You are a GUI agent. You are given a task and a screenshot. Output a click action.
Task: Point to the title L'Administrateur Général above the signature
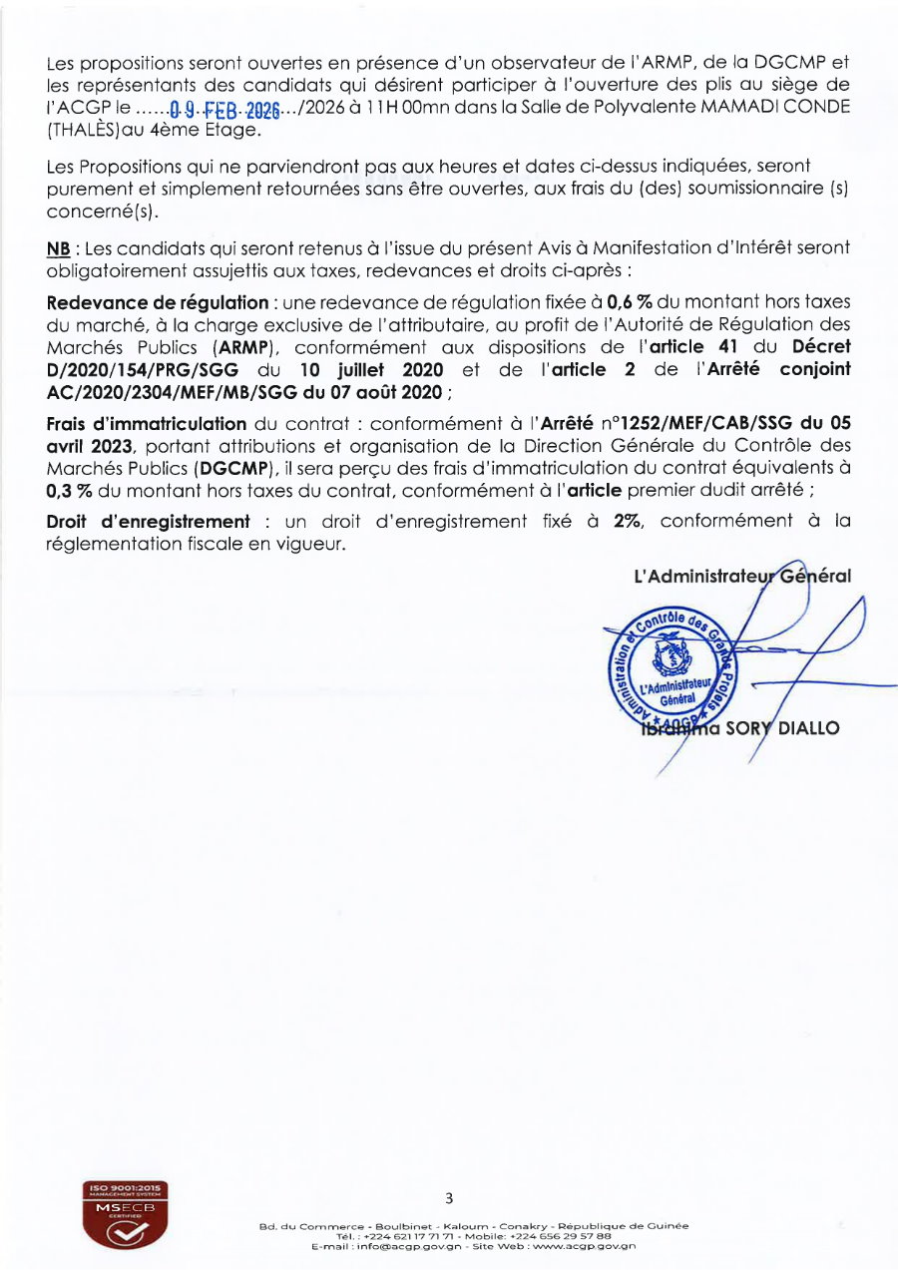click(x=741, y=576)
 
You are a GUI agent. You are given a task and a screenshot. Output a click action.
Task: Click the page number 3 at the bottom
click(x=449, y=1198)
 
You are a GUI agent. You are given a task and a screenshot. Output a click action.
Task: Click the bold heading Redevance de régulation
click(x=157, y=302)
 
